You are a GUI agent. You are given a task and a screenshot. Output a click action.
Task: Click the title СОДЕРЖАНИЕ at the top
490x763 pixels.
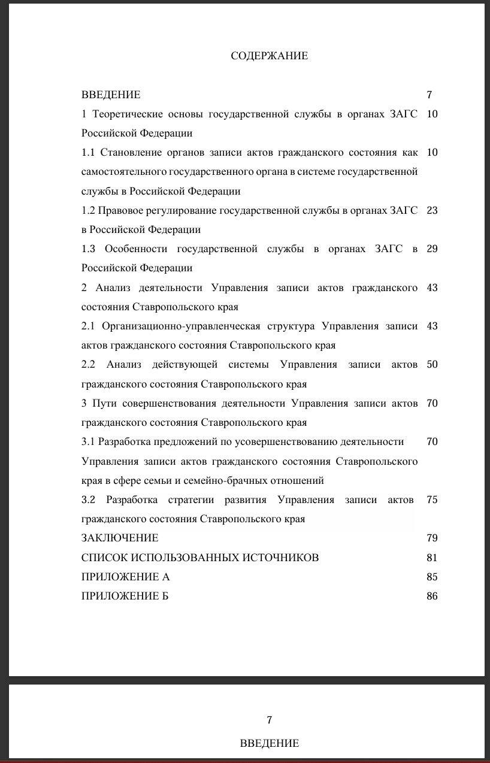pos(269,56)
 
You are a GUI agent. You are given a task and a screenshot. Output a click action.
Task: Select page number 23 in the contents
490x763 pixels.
pos(432,210)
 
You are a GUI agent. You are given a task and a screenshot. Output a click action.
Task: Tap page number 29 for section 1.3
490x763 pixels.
pos(432,249)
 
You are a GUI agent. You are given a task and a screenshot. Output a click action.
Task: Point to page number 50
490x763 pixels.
pos(432,364)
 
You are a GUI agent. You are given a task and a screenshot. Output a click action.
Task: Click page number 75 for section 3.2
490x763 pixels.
pos(432,499)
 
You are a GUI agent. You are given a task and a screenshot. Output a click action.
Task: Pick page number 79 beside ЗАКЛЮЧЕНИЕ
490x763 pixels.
pos(432,538)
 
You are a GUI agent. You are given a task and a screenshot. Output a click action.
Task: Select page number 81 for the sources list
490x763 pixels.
pos(432,558)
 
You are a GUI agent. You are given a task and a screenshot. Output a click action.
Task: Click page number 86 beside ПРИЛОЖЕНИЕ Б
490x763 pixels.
pos(432,596)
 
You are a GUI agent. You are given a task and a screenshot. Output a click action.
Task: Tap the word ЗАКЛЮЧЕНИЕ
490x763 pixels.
pos(120,538)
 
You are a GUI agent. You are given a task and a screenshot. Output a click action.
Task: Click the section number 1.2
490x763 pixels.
pos(88,210)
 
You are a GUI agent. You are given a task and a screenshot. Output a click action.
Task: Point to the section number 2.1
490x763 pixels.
pos(88,326)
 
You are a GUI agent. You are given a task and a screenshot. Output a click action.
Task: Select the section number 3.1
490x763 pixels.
pos(88,441)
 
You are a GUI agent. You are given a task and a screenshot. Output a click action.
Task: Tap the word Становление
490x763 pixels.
pos(128,152)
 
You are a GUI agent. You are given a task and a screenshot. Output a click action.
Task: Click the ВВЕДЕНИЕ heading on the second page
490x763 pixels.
pos(269,743)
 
